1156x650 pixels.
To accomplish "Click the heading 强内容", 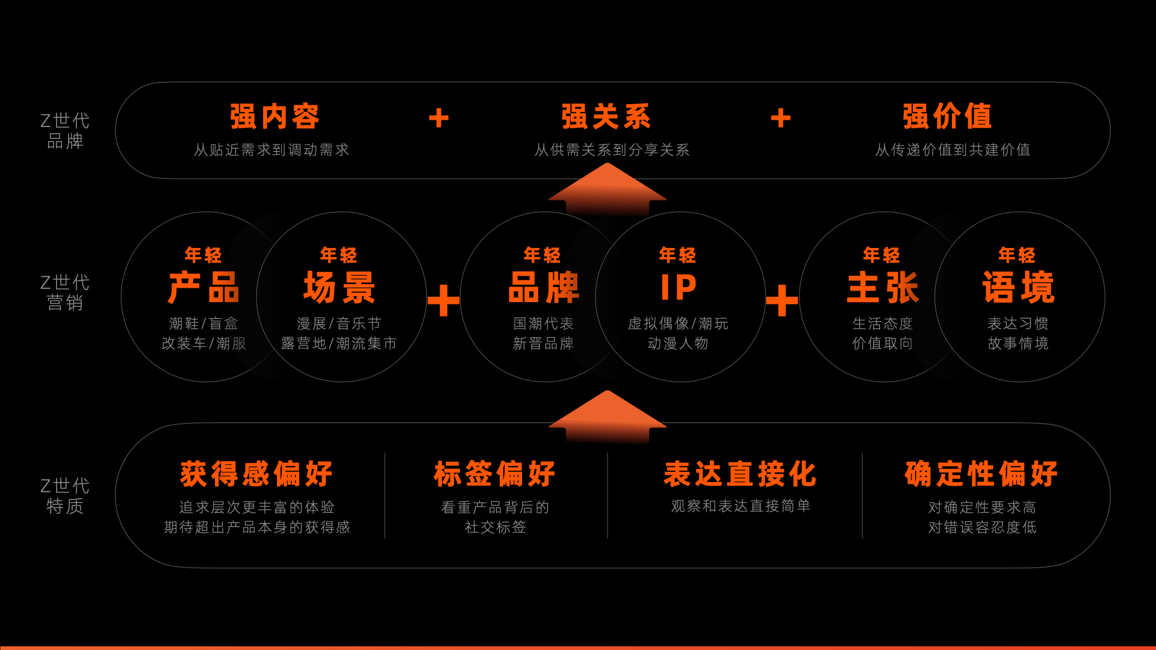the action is [x=275, y=116].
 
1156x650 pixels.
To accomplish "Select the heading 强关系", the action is [x=606, y=116].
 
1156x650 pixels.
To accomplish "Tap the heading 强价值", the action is [x=947, y=116].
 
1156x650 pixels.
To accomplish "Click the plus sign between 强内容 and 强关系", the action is [x=439, y=118].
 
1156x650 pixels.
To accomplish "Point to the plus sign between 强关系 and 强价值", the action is [x=781, y=118].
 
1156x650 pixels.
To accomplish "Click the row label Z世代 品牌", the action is [x=65, y=131].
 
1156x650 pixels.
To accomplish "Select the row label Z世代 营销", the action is [x=65, y=292].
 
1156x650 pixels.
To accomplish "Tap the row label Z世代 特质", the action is [x=65, y=496].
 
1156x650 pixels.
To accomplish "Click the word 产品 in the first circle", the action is [x=204, y=288].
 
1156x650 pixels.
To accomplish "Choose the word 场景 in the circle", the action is [x=340, y=288].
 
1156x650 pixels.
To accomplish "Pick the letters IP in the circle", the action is [x=679, y=288].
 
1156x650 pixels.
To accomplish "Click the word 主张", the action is [x=883, y=288].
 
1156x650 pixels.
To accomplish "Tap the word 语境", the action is [x=1018, y=288].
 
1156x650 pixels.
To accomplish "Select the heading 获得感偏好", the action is [x=256, y=474].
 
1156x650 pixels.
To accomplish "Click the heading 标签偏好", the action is [x=495, y=474].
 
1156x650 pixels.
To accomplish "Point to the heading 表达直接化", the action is [x=740, y=474].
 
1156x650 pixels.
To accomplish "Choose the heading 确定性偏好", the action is [x=981, y=474].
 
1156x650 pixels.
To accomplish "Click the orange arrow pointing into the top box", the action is [x=608, y=189].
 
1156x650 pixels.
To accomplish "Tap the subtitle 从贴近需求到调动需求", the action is [x=272, y=150].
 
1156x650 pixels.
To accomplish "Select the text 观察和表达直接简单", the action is [x=741, y=506].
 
